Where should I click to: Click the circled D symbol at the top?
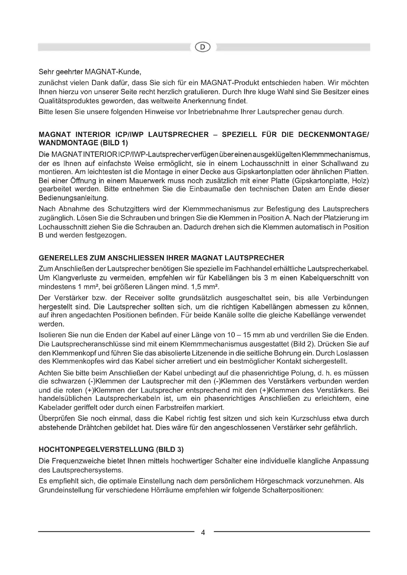point(203,47)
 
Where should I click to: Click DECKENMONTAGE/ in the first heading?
point(333,134)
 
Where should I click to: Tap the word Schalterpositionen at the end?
point(293,490)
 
